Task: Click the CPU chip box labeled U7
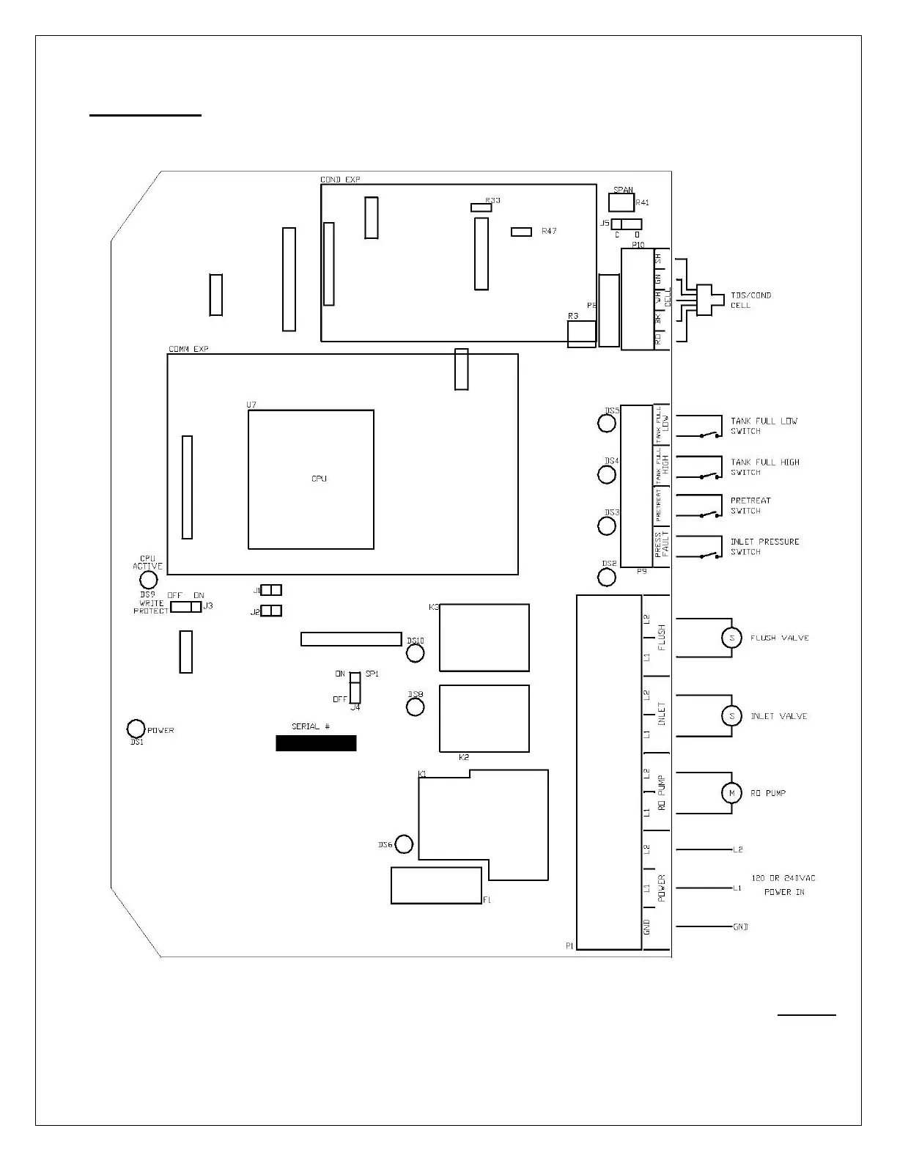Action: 311,479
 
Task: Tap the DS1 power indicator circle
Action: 136,729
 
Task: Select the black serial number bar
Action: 316,743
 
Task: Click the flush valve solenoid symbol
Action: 731,638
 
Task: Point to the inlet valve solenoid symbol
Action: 731,715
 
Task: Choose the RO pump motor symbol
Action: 731,793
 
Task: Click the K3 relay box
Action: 484,637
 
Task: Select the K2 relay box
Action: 484,718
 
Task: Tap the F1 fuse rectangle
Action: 436,885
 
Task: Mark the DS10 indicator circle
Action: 415,652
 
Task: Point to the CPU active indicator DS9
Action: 148,580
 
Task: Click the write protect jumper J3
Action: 185,607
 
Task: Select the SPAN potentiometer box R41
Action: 621,202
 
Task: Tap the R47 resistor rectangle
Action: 521,232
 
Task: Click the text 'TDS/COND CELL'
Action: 750,300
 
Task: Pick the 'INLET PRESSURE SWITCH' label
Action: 764,547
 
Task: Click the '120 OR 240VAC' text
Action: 783,878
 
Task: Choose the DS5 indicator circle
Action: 607,424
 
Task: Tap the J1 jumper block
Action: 271,590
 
